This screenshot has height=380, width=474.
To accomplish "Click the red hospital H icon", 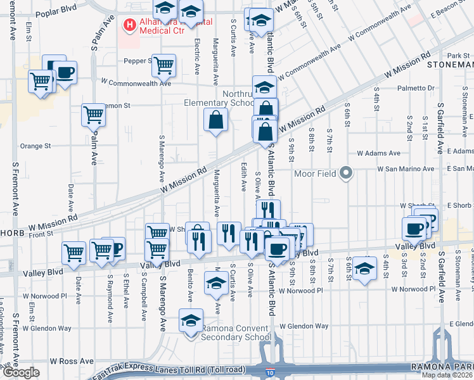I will click(x=130, y=25).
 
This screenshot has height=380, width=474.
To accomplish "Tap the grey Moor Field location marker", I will click(x=346, y=172).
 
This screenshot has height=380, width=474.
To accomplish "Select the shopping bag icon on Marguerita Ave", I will click(x=215, y=120).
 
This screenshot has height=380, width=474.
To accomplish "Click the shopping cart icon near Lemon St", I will click(x=93, y=115).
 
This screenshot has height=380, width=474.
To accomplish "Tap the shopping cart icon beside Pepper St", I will click(x=163, y=64).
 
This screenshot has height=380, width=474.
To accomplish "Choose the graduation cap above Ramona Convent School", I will click(x=189, y=320).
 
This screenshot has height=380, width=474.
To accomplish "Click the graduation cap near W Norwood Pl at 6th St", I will click(x=364, y=268).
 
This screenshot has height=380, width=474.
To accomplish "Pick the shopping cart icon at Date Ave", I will click(x=74, y=253).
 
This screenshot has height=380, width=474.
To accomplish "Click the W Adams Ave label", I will click(x=378, y=153).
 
